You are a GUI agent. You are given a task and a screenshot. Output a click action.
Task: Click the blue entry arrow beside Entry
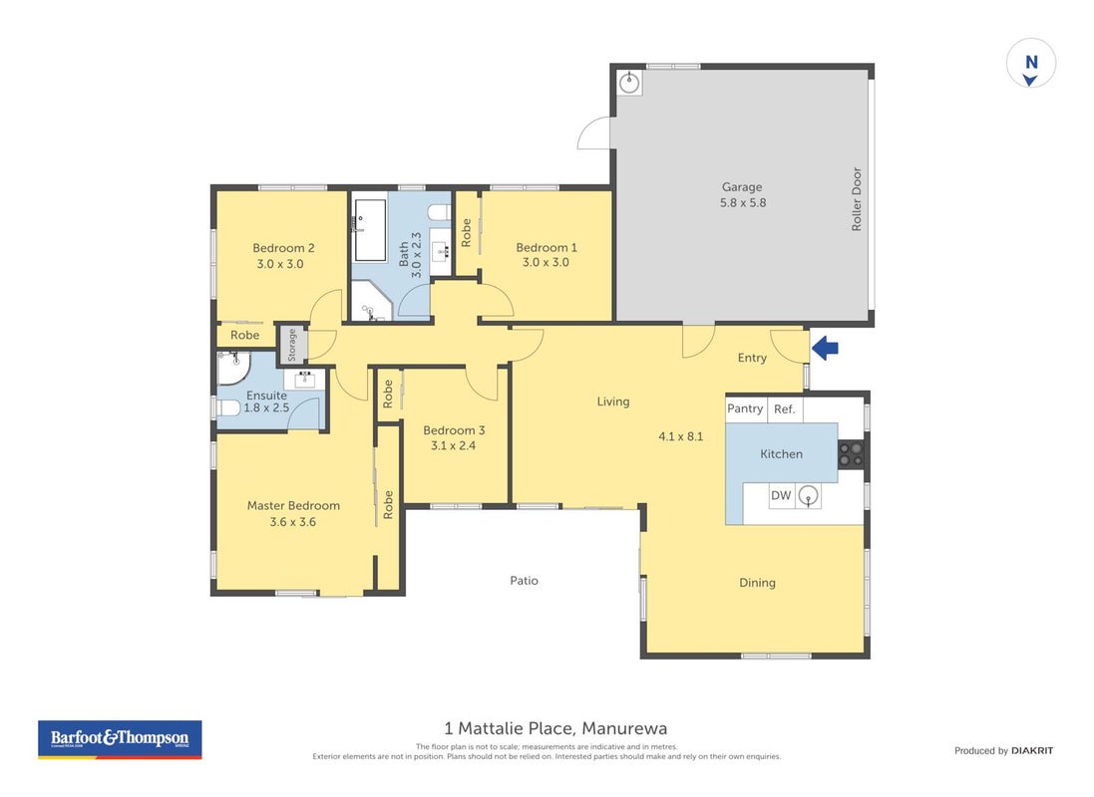coord(825,348)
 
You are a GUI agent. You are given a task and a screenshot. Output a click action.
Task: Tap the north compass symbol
coord(1030,64)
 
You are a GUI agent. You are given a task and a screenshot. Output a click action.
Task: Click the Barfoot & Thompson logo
coord(120,739)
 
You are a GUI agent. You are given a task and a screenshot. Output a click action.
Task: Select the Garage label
coord(742,187)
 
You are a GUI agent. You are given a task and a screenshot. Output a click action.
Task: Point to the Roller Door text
coord(856,198)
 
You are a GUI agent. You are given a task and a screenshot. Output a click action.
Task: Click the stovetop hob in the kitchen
coord(851,454)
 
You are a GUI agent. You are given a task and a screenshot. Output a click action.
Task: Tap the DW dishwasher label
coord(781,495)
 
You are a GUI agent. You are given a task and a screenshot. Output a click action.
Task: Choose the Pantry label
coord(744,408)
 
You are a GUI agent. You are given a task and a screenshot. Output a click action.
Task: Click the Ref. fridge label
coord(784,409)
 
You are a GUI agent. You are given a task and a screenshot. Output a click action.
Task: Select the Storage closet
coord(292,345)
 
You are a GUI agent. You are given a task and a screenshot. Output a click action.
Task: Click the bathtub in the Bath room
coord(370,231)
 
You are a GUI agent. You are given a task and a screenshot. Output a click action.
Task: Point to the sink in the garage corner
coord(629,83)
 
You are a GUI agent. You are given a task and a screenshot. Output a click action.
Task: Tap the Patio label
coord(524,580)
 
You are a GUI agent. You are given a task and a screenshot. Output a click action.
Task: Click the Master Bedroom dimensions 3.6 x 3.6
coord(293,522)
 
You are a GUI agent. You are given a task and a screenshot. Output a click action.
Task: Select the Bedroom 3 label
coord(454,430)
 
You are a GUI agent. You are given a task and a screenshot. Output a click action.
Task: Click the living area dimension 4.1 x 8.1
coord(681,436)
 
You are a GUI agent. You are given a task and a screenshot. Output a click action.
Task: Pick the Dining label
coord(757,583)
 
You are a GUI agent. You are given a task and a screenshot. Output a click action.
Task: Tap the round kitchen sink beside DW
coord(808,496)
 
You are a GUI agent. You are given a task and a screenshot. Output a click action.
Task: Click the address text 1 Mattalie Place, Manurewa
coord(555,728)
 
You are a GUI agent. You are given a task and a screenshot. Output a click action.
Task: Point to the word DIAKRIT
coord(1032,750)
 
